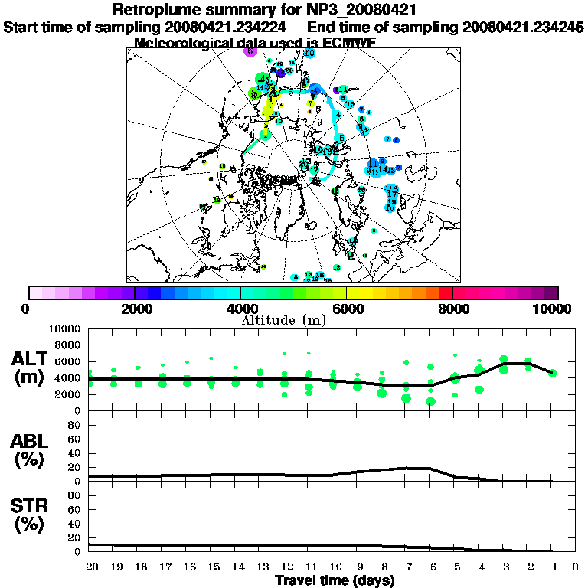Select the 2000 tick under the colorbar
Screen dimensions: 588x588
click(x=134, y=309)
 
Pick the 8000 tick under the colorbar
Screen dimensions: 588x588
click(x=452, y=309)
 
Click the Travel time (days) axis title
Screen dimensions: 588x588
click(x=335, y=580)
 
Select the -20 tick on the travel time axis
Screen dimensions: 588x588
click(x=89, y=567)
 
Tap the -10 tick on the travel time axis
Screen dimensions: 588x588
click(x=332, y=567)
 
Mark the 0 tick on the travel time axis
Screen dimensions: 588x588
click(x=576, y=567)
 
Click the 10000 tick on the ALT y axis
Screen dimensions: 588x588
click(x=66, y=328)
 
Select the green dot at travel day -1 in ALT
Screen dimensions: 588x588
click(x=552, y=373)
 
